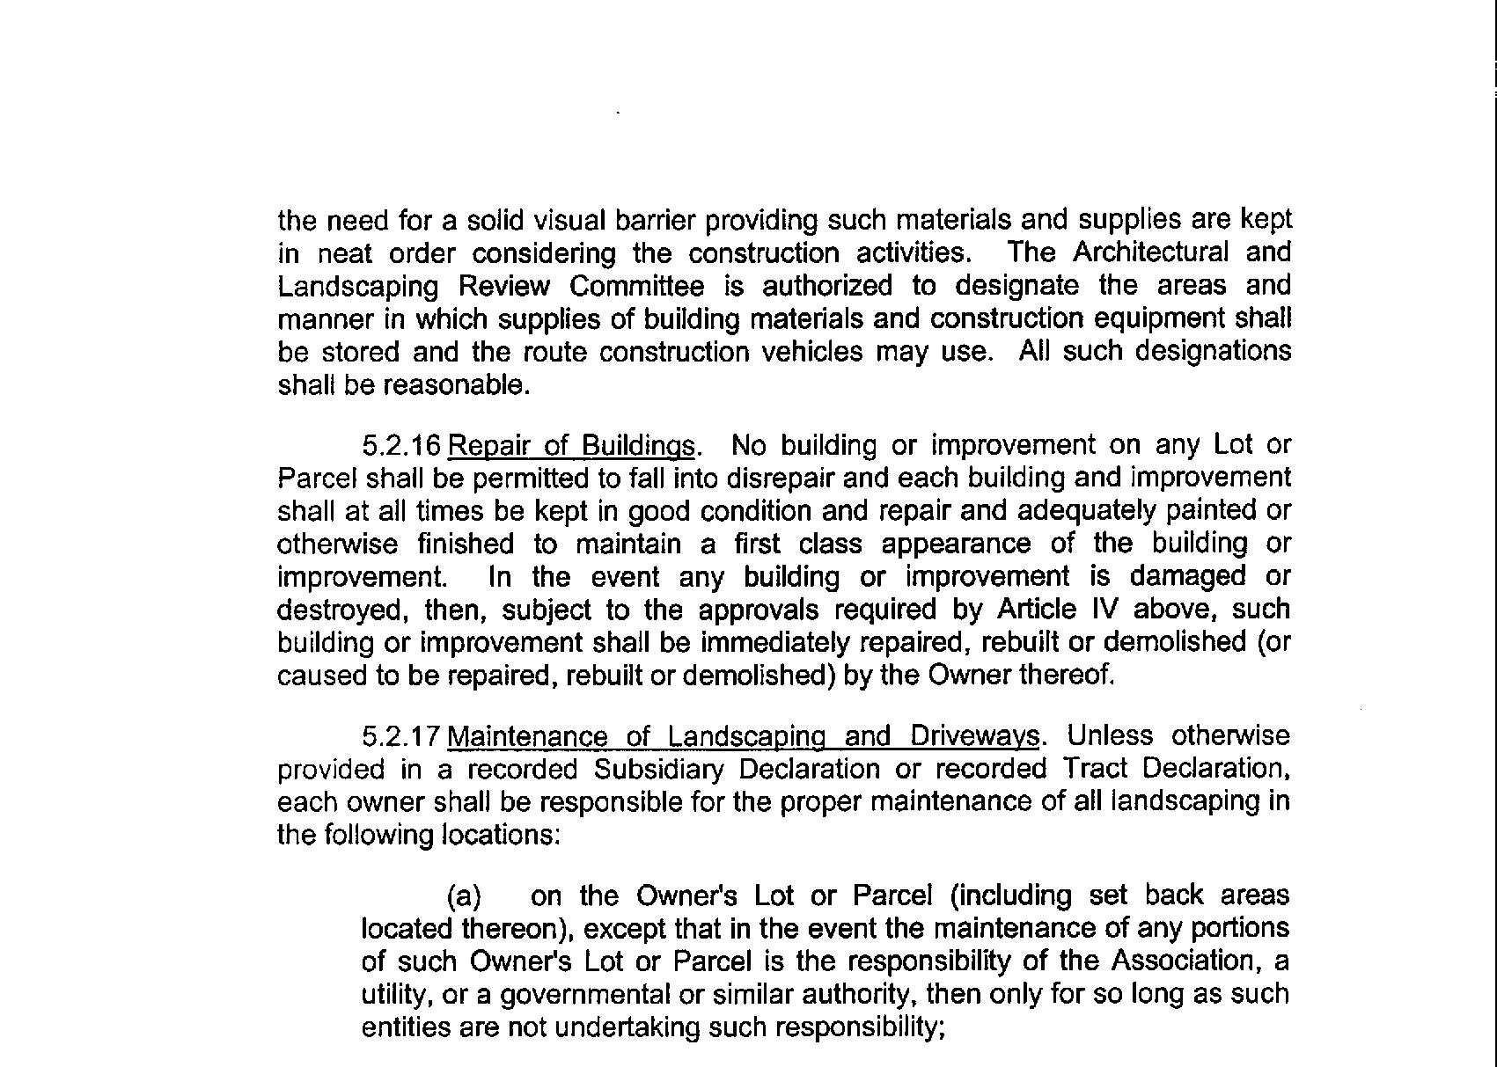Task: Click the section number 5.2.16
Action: point(400,446)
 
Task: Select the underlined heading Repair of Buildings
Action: point(571,446)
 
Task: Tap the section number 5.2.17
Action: point(400,735)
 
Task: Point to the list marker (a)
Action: point(465,896)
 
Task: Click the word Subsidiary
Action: point(658,769)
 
